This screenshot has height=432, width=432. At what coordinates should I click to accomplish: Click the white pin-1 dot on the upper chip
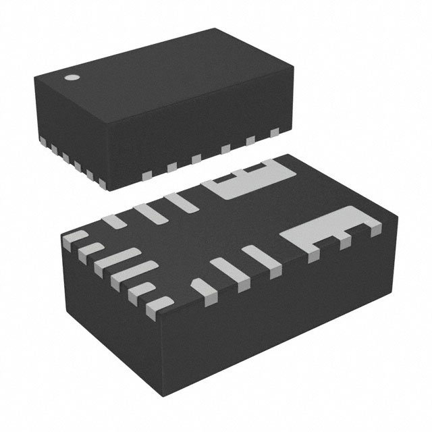(x=70, y=77)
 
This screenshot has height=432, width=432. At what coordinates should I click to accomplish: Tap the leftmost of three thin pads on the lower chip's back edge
(x=116, y=221)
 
